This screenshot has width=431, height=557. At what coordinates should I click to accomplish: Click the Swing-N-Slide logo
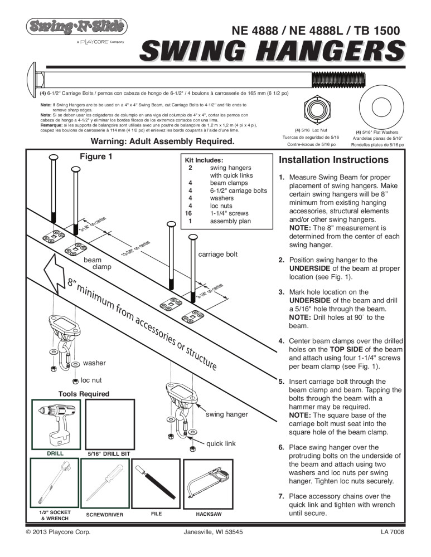75,26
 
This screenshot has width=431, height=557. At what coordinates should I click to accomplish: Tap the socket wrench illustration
53,482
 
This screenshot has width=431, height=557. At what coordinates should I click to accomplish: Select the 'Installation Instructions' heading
333,160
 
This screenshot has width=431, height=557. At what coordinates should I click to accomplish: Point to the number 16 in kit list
188,213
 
